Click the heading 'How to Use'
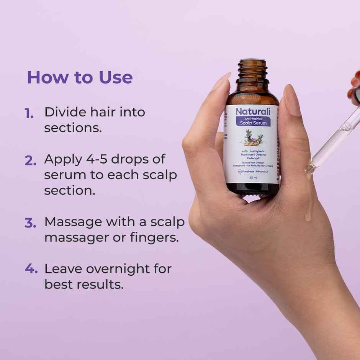tap(80, 77)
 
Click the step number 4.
tap(31, 269)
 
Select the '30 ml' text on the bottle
tap(253, 178)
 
